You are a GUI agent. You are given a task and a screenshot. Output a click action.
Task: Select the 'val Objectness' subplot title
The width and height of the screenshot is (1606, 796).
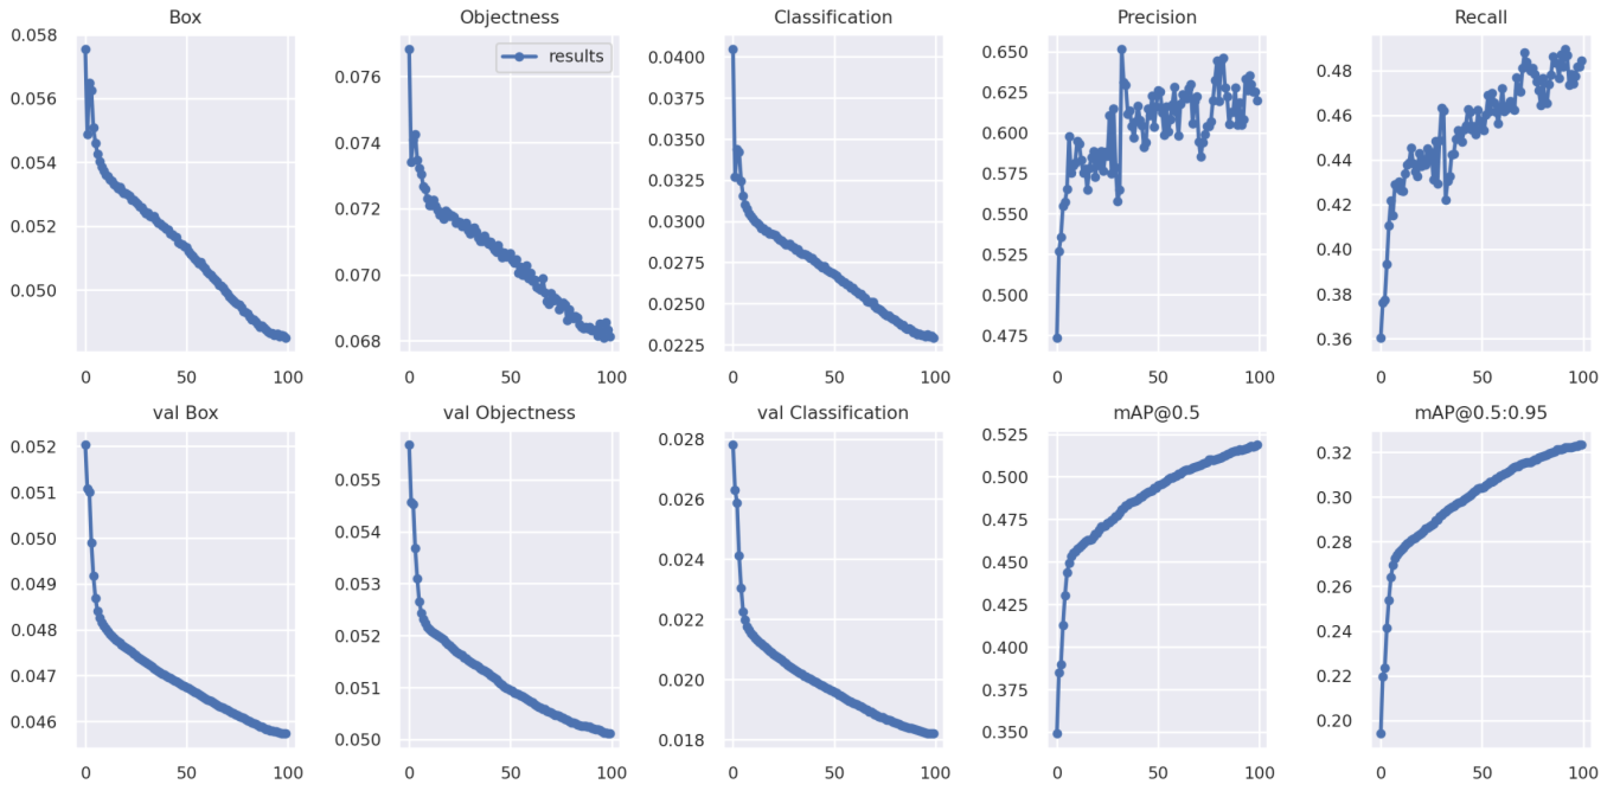point(509,413)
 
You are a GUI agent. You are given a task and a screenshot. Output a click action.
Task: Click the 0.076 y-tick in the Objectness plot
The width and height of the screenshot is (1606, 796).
point(357,77)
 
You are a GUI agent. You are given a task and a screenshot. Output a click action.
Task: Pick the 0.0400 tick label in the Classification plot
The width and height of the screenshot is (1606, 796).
point(676,57)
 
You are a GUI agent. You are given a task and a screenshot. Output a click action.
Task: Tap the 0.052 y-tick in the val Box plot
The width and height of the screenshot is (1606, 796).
point(34,447)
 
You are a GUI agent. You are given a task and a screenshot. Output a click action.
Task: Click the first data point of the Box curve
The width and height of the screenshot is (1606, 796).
point(85,49)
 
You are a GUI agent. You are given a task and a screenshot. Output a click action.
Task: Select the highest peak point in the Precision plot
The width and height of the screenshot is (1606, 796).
point(1122,49)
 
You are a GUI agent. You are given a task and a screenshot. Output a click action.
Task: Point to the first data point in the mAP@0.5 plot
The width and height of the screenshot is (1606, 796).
point(1057,734)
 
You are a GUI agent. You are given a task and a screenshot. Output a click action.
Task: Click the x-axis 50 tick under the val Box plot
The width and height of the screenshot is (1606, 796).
point(186,773)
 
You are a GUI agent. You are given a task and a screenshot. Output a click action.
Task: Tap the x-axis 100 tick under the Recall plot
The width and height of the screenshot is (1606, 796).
point(1582,377)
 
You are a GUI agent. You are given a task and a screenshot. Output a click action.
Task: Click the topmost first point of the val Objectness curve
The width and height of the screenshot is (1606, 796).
point(409,445)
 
